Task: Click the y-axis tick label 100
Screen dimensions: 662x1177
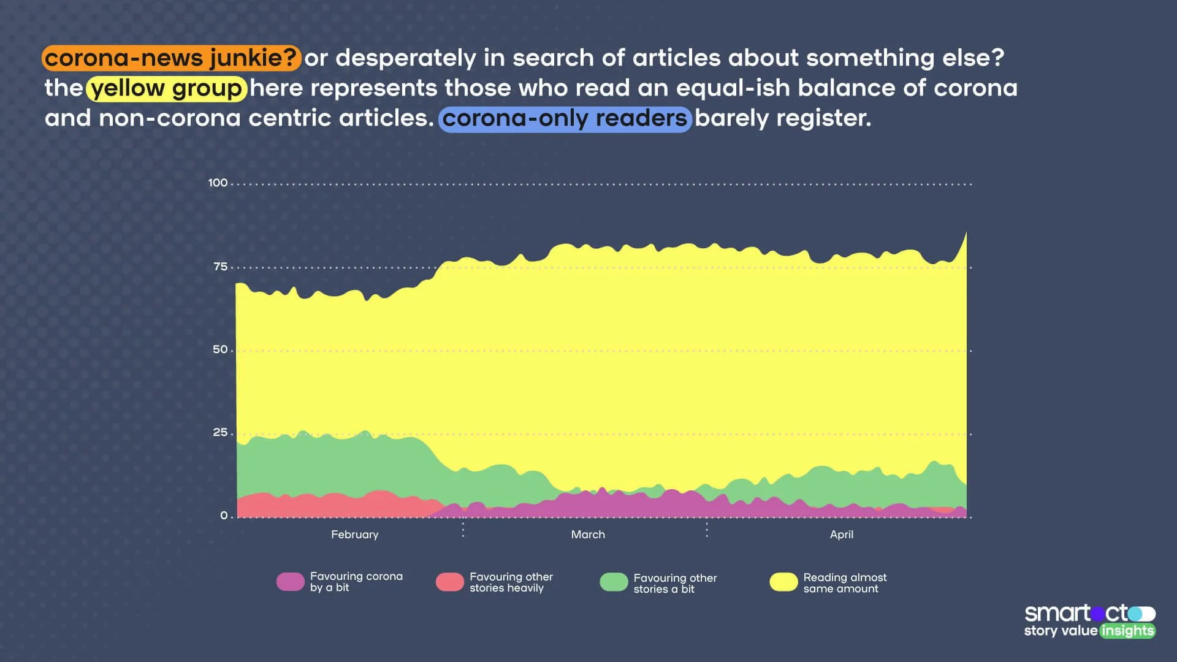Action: coord(218,183)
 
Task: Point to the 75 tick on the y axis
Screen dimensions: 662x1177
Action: coord(220,267)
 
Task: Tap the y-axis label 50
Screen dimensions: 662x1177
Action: coord(220,349)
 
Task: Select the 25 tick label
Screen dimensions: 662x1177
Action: coord(220,433)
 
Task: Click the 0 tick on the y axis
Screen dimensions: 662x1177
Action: coord(224,516)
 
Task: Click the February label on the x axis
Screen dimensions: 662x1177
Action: coord(354,535)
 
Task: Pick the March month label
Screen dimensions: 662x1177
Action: coord(588,535)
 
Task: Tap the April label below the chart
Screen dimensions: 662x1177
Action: coord(841,535)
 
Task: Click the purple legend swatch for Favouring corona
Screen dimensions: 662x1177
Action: coord(290,582)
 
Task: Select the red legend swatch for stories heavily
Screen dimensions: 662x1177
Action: coord(449,582)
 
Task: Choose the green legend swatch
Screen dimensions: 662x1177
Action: coord(614,582)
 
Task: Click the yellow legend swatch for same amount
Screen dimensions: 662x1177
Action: coord(783,582)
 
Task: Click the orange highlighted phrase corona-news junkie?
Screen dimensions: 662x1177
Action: coord(171,58)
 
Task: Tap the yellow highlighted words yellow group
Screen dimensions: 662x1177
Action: coord(167,88)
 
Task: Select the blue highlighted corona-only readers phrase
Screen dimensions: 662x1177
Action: coord(565,118)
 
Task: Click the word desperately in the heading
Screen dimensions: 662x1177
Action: coord(405,58)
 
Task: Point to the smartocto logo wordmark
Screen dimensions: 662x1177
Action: coord(1076,613)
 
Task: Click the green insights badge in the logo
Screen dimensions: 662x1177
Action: coord(1127,631)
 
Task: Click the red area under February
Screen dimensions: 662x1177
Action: coord(343,506)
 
